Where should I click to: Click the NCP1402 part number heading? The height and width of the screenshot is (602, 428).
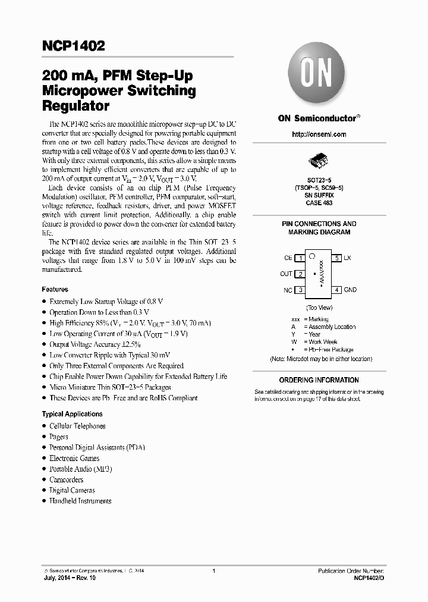coord(74,46)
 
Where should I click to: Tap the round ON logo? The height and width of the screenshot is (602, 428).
coord(319,75)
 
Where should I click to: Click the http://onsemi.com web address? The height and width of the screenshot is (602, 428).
coord(319,134)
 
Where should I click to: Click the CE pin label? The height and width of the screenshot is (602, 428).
coord(288,258)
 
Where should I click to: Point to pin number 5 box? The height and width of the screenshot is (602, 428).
coord(336,258)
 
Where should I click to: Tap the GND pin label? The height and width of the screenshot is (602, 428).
coord(350,290)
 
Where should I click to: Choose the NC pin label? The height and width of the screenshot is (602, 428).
coord(288,290)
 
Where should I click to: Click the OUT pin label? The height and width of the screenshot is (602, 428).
coord(286,274)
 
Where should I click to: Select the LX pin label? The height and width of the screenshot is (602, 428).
coord(348,258)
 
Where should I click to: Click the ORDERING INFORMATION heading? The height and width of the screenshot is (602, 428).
coord(319,380)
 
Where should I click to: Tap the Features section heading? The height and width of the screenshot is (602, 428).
coord(55,289)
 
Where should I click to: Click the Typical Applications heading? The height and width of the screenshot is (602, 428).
coord(72,414)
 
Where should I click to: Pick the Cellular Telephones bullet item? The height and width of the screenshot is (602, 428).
coord(77,426)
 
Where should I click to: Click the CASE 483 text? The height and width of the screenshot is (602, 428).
coord(319,203)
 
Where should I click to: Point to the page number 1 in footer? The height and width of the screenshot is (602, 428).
coord(213,570)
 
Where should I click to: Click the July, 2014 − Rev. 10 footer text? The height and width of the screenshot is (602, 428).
coord(69,578)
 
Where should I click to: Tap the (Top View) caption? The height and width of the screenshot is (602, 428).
coord(319,308)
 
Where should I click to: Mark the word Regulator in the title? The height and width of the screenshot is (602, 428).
coord(75,106)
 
